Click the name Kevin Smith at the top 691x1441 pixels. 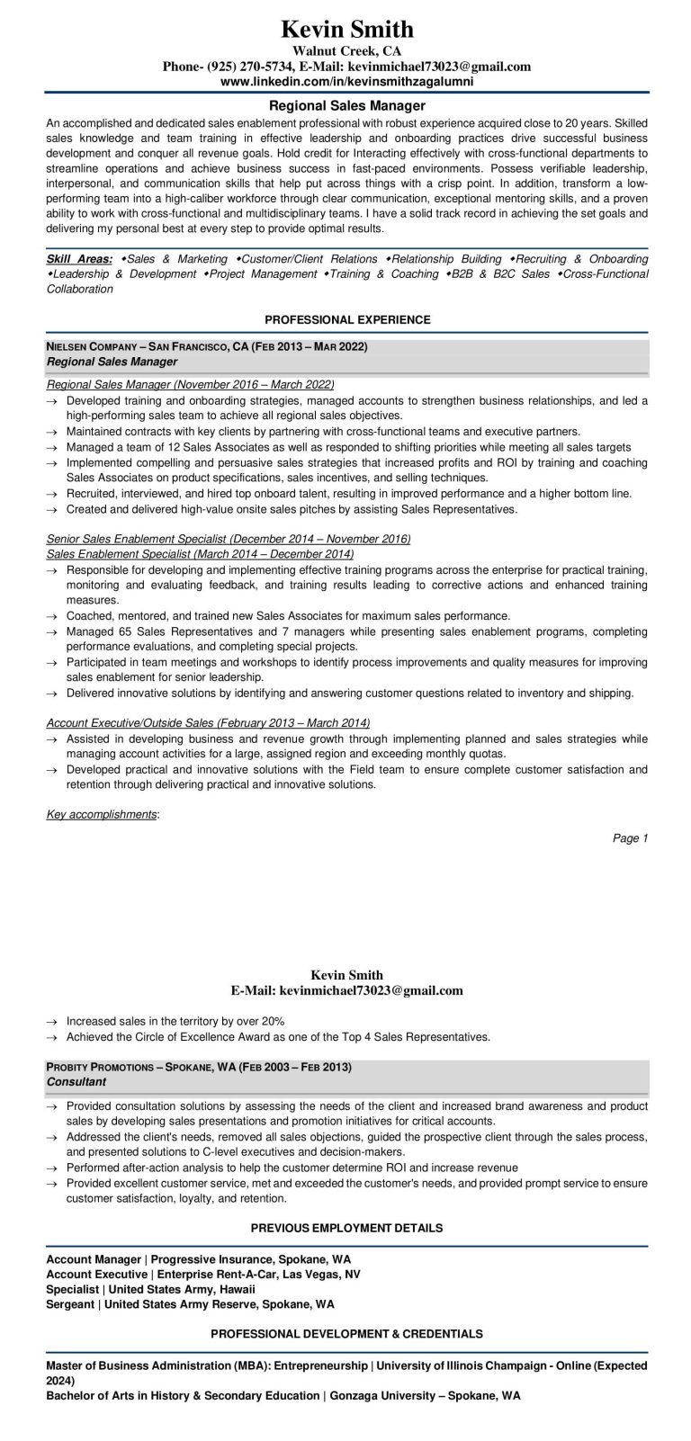(346, 30)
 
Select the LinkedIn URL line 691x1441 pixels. (346, 81)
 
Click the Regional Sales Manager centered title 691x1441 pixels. (346, 105)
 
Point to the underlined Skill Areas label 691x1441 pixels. (79, 259)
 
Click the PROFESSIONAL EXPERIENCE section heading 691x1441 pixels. (347, 319)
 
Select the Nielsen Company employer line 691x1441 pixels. (207, 346)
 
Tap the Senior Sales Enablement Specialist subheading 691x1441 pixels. (229, 539)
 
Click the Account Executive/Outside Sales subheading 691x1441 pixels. (207, 722)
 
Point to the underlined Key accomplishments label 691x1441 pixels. (102, 814)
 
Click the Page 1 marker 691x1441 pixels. (630, 838)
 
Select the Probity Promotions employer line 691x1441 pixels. (198, 1067)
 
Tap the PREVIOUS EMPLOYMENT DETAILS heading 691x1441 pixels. (346, 1228)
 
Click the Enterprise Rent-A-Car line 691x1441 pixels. (203, 1275)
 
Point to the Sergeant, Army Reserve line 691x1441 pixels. (190, 1303)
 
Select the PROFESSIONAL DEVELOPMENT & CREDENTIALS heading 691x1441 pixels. (346, 1334)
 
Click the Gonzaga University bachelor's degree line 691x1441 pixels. (283, 1396)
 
